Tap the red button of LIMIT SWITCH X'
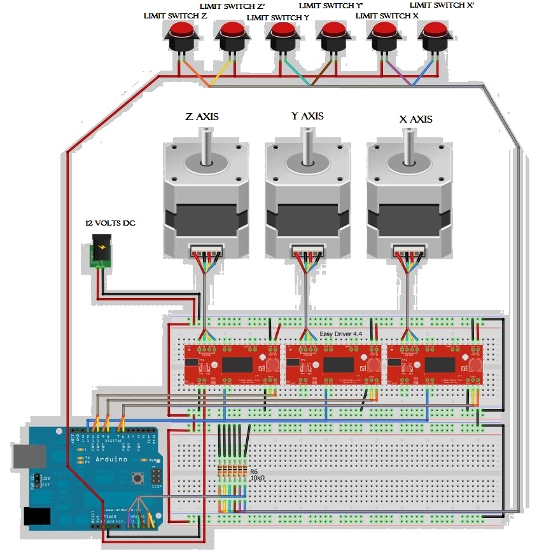coord(436,29)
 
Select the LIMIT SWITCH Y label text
coord(277,18)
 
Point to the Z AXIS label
coord(203,118)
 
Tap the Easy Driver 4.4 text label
coord(340,334)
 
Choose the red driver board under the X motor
coord(434,365)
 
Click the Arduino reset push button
coord(136,477)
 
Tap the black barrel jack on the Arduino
coord(36,516)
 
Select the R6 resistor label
coord(254,471)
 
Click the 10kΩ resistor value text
coord(258,478)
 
